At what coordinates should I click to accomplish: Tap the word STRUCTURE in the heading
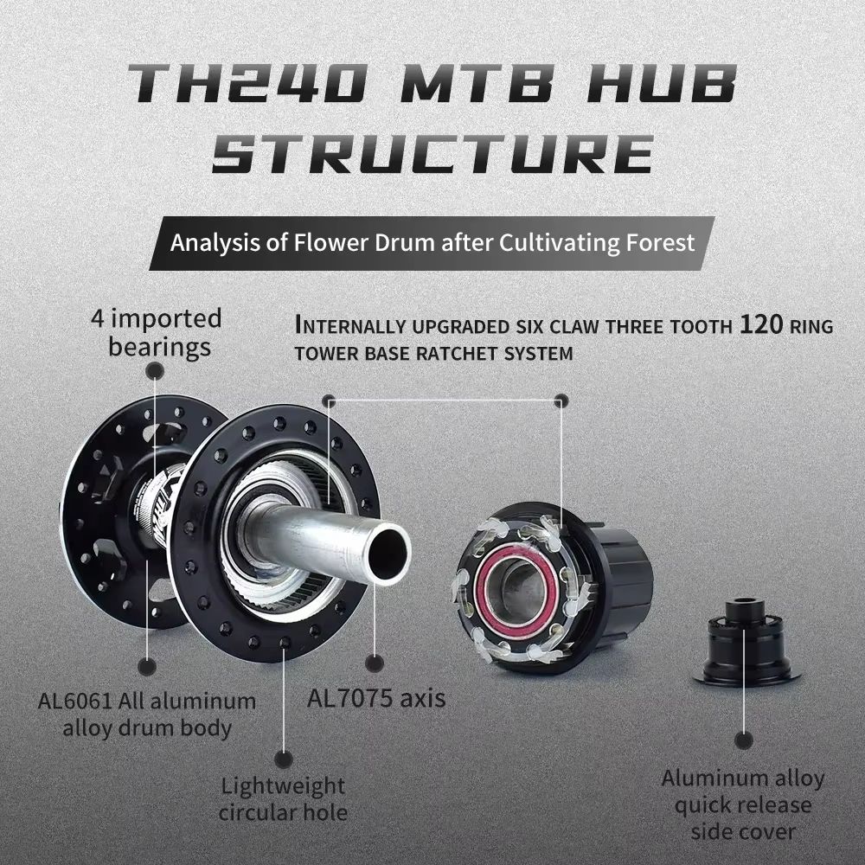[432, 154]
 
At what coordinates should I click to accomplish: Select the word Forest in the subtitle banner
[661, 241]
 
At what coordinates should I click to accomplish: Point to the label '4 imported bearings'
[157, 332]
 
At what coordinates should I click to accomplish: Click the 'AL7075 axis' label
[376, 697]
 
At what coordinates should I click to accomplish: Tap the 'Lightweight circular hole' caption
[282, 798]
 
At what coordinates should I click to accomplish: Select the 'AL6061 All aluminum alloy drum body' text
[147, 714]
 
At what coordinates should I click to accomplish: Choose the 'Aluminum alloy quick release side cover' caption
[743, 804]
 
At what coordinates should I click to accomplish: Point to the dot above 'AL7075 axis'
[374, 663]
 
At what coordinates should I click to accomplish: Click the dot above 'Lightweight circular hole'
[283, 759]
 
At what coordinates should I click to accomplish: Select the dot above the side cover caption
[743, 740]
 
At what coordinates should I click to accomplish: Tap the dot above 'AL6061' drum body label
[147, 667]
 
